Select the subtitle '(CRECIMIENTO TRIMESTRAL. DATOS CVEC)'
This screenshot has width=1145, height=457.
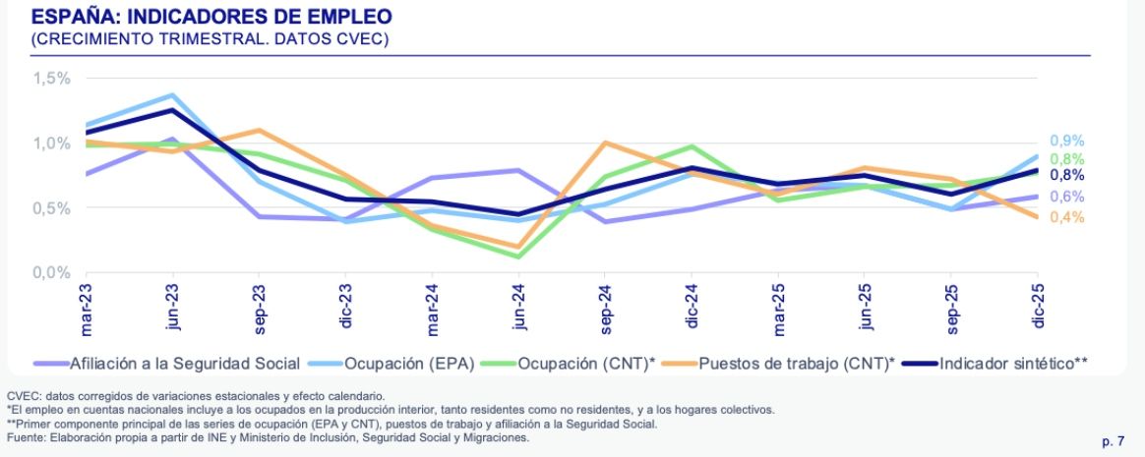(x=210, y=39)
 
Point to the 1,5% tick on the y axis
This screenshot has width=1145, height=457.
(x=51, y=78)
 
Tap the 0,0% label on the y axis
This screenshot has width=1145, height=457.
(x=51, y=272)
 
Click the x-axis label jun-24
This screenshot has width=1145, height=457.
(x=519, y=306)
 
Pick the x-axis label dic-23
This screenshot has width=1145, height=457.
(x=346, y=306)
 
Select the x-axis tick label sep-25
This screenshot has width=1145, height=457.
(x=951, y=306)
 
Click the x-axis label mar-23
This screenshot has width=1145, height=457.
(x=87, y=306)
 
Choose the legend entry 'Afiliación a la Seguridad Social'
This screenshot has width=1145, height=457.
(x=184, y=363)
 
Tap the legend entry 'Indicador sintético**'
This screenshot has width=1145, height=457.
(x=1013, y=363)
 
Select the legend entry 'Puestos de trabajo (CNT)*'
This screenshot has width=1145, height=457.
(x=797, y=363)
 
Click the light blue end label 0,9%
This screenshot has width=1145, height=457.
(x=1066, y=141)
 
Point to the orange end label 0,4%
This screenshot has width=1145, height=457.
(x=1066, y=217)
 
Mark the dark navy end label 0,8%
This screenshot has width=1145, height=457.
(x=1066, y=175)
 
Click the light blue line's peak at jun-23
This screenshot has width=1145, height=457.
(x=173, y=95)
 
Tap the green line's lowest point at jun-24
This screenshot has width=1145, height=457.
(x=519, y=257)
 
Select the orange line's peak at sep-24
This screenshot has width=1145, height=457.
(x=606, y=143)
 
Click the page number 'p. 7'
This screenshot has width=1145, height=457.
(x=1114, y=441)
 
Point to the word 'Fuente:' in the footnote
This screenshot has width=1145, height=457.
(x=27, y=437)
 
